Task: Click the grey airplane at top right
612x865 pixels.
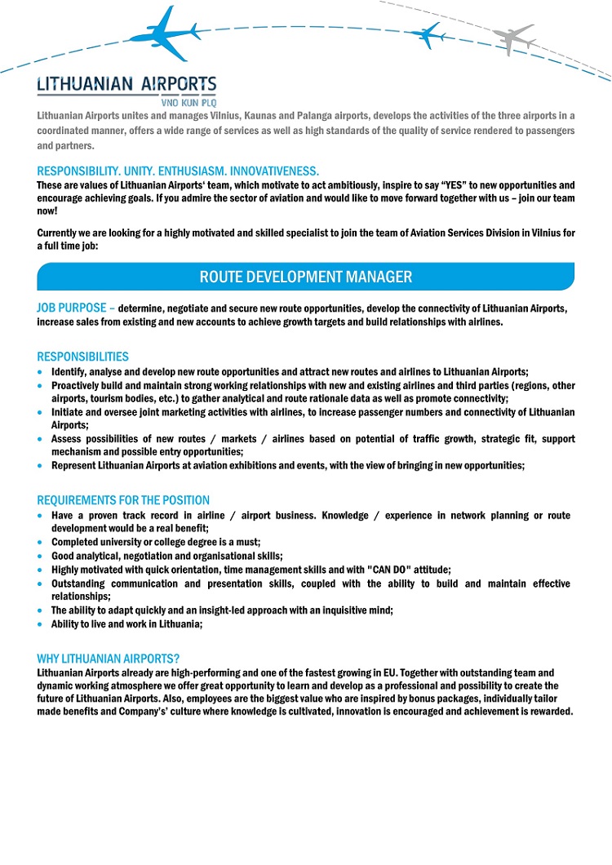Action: tap(513, 37)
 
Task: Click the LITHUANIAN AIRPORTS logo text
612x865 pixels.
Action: tap(126, 85)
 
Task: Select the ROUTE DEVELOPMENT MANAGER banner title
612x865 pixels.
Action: tap(306, 277)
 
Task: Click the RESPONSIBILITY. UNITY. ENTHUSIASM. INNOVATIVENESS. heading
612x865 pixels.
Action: tap(178, 171)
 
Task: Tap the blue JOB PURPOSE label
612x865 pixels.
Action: tap(72, 308)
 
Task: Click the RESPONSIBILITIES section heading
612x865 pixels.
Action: tap(83, 357)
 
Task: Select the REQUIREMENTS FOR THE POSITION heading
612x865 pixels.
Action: tap(123, 500)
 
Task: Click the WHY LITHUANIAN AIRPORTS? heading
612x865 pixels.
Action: tap(109, 659)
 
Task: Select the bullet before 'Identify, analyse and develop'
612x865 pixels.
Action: tap(42, 371)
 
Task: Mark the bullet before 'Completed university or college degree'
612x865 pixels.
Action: tap(42, 543)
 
